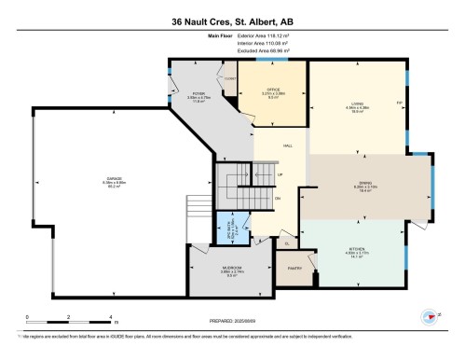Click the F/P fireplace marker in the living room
coord(398,100)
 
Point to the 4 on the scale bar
coord(111,318)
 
